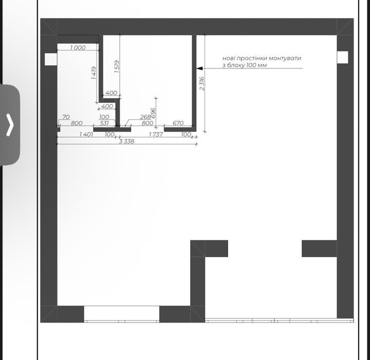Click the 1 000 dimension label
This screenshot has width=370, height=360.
pos(78,47)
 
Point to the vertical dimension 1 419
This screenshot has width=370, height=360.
pos(94,73)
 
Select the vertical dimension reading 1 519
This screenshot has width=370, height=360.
pos(117,66)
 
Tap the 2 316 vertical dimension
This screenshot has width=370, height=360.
pos(202,83)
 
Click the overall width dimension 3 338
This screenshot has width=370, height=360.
pos(126,141)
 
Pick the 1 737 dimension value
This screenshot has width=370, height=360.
pos(156,134)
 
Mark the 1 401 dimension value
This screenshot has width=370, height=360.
pos(86,134)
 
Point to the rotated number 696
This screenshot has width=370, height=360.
pos(153,113)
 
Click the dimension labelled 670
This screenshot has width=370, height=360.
pos(178,123)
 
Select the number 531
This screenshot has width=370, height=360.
pos(104,123)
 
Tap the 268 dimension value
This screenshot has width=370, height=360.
pos(145,117)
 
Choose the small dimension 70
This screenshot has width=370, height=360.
pos(66,117)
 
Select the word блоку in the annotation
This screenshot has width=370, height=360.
pos(236,65)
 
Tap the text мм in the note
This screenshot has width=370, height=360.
pos(262,65)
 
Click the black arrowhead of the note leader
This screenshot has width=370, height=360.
pos(199,68)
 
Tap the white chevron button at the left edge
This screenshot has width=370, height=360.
pos(10,125)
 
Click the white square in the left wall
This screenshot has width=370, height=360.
pos(51,59)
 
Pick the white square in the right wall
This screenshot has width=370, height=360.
pos(342,57)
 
